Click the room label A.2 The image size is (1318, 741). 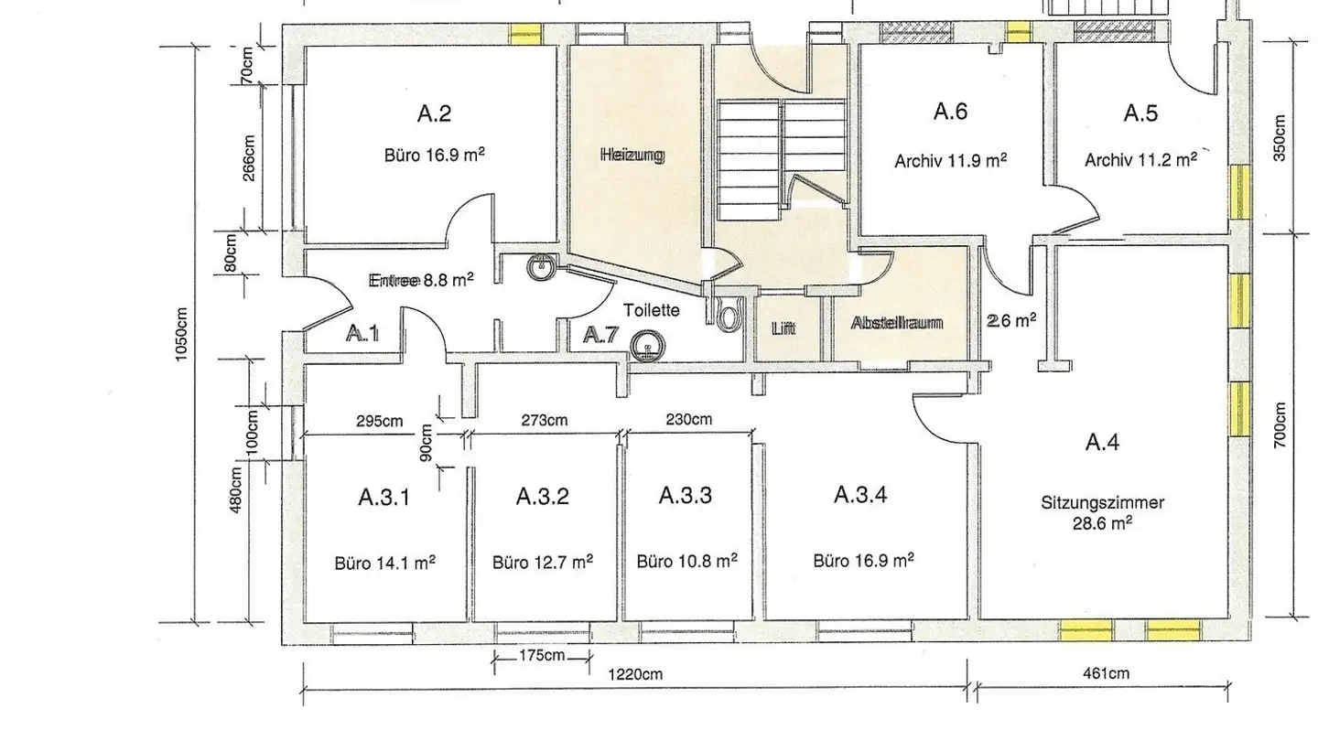[434, 113]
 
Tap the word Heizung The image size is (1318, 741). [632, 156]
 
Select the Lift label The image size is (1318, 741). [783, 328]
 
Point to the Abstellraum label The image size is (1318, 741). [897, 323]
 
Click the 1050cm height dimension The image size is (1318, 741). [181, 335]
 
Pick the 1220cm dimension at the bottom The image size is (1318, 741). [635, 674]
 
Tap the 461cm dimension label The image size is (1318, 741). [1107, 673]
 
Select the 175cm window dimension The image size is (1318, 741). [541, 655]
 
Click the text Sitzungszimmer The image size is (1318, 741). [1102, 503]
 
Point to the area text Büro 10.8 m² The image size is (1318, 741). [686, 561]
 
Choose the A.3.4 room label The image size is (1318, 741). [860, 495]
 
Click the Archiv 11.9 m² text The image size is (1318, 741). [950, 161]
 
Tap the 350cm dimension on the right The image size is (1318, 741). [1280, 137]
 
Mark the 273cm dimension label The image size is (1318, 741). [545, 421]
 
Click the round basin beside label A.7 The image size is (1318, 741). [647, 346]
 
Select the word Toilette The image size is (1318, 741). [652, 310]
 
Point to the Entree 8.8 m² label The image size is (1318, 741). [421, 280]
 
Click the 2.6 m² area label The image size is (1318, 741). [1011, 320]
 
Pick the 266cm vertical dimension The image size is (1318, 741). [249, 158]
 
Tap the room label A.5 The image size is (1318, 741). [1140, 113]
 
